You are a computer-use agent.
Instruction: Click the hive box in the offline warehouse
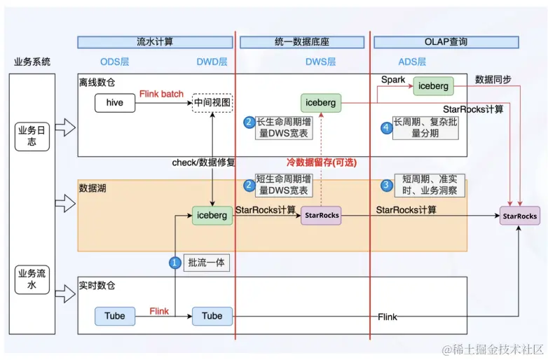pyautogui.click(x=115, y=103)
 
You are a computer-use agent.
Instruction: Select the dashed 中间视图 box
pyautogui.click(x=212, y=103)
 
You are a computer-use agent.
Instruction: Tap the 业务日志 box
pyautogui.click(x=32, y=136)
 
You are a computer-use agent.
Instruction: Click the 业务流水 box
pyautogui.click(x=32, y=279)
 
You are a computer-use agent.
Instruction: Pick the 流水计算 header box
pyautogui.click(x=155, y=42)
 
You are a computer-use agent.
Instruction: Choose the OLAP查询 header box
pyautogui.click(x=445, y=42)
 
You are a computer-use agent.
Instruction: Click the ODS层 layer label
pyautogui.click(x=115, y=62)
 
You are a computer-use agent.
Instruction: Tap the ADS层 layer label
pyautogui.click(x=411, y=62)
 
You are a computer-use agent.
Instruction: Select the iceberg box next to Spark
pyautogui.click(x=432, y=85)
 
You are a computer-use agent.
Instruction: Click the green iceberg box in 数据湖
pyautogui.click(x=212, y=215)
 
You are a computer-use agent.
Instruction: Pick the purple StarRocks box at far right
pyautogui.click(x=520, y=216)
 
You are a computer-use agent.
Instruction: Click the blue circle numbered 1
pyautogui.click(x=174, y=263)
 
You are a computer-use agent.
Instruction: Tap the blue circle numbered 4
pyautogui.click(x=385, y=128)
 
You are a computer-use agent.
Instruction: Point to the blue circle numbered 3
pyautogui.click(x=386, y=186)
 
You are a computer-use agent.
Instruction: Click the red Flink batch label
pyautogui.click(x=161, y=94)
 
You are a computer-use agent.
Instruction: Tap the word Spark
pyautogui.click(x=393, y=80)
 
